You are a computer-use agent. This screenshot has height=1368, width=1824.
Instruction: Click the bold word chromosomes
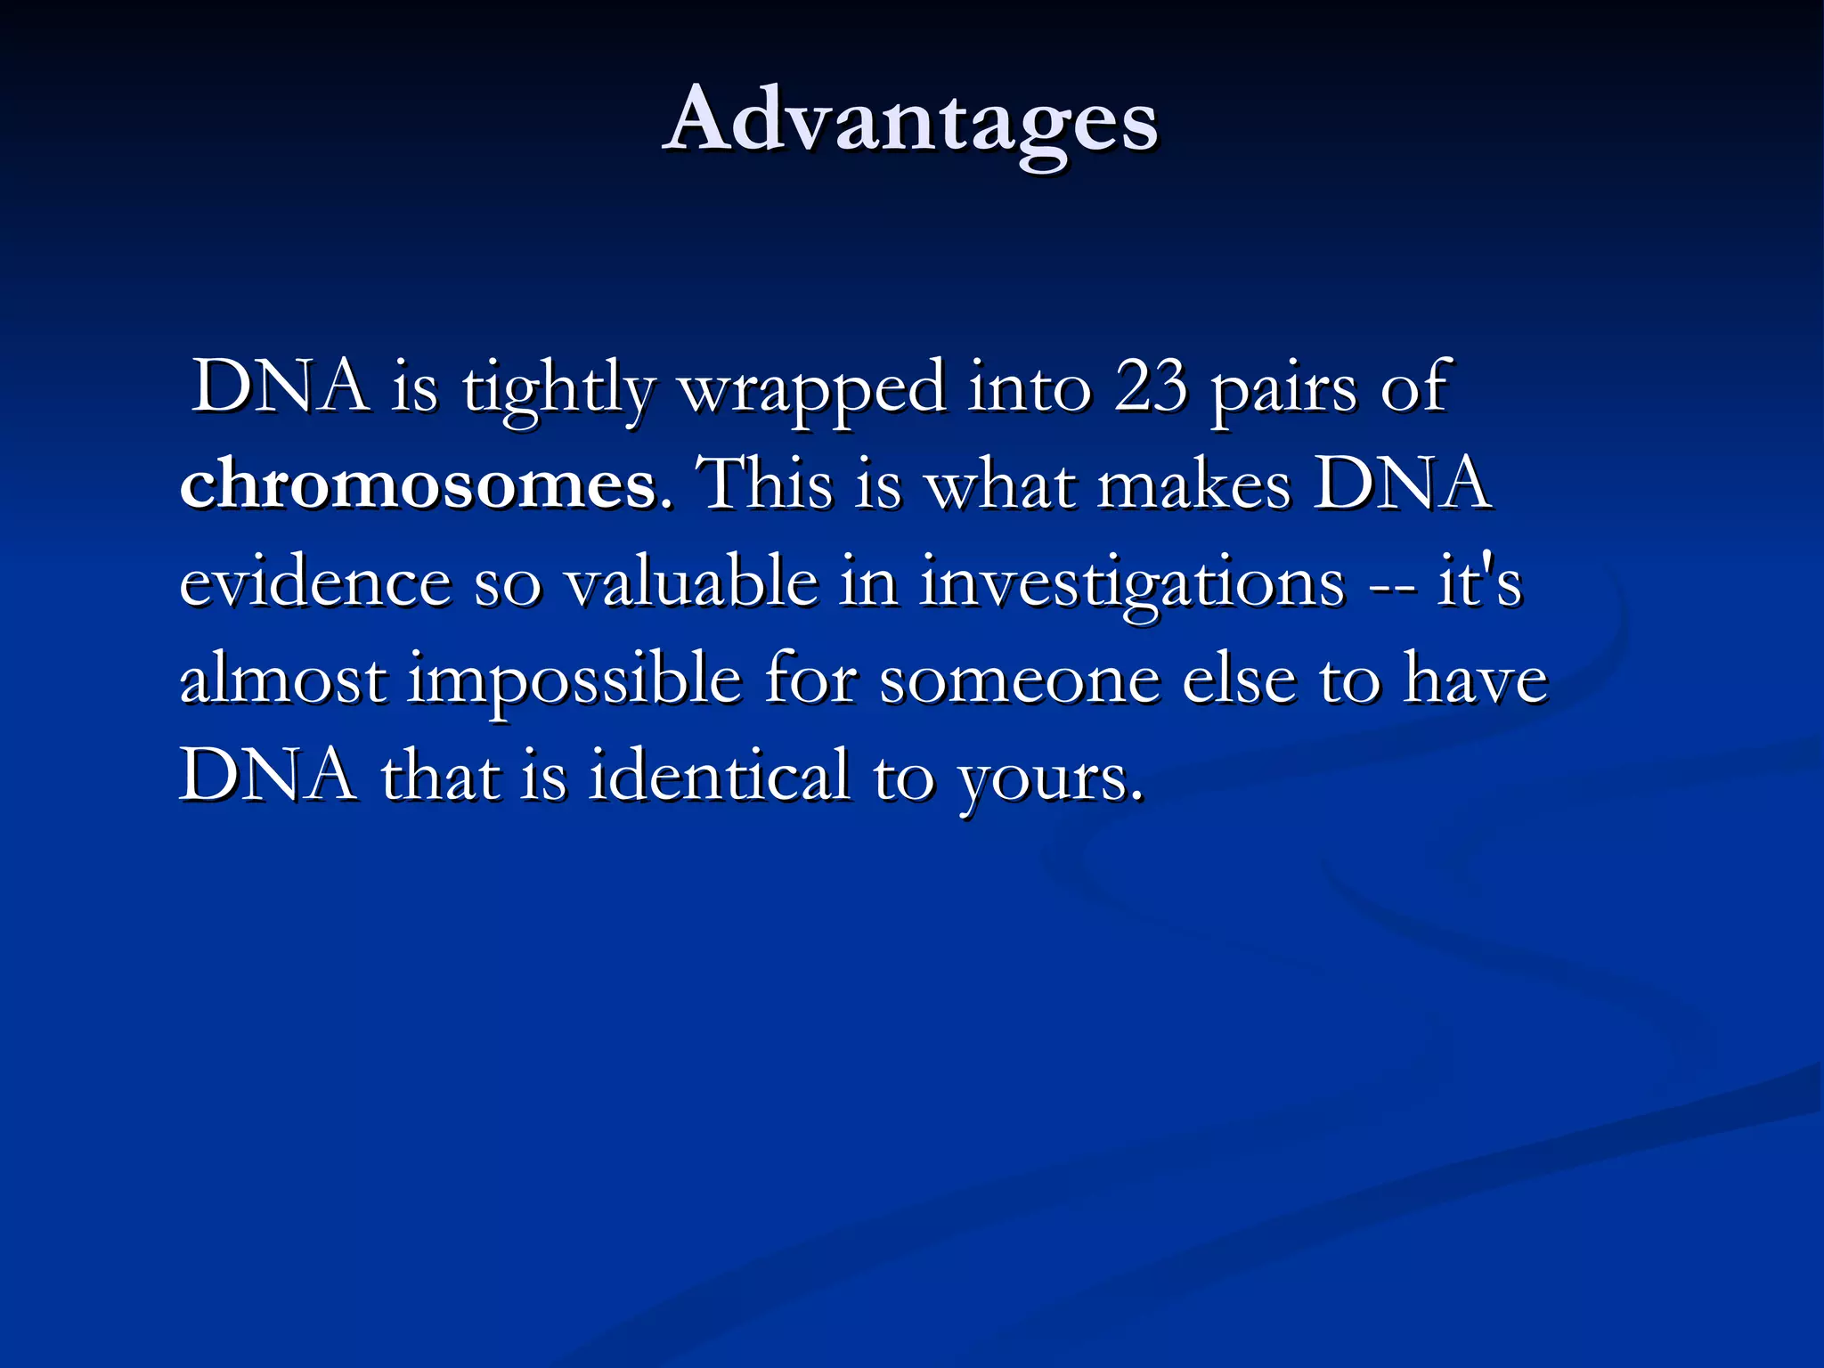419,485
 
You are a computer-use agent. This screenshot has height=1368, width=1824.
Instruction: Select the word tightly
559,389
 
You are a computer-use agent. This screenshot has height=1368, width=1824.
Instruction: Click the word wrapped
812,389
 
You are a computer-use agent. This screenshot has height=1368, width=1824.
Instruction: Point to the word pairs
1283,389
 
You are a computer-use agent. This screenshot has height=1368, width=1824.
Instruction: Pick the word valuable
692,582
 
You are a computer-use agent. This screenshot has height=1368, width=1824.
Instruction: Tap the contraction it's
1479,582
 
